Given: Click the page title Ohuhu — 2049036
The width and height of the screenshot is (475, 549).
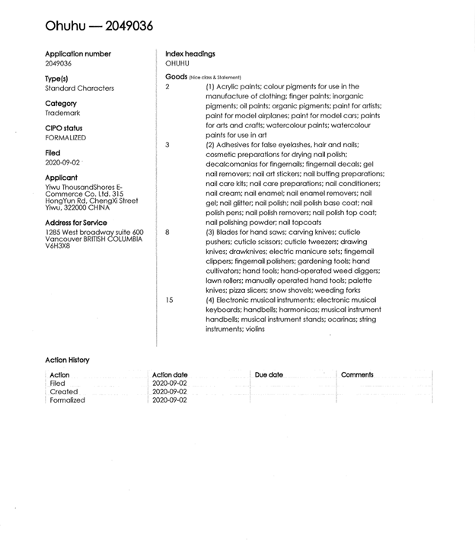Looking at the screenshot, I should [99, 26].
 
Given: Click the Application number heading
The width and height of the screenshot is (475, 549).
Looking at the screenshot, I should [78, 54].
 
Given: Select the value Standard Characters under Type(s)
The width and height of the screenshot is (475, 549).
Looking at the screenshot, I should [79, 88].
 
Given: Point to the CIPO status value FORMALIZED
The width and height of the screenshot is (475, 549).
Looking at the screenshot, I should [65, 138].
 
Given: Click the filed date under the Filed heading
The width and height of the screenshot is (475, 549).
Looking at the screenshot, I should [62, 162].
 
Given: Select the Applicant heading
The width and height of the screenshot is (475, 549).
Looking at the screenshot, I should [62, 178].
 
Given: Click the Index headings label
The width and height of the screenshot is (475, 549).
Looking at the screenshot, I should [190, 54].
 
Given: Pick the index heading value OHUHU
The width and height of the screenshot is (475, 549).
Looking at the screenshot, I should [177, 63].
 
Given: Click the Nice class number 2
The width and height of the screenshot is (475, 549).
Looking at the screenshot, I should [167, 87].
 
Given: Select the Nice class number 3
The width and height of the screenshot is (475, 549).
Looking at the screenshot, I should [167, 144].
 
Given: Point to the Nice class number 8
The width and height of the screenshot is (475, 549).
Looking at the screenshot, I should [167, 231].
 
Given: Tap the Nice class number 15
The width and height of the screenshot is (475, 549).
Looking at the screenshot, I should [169, 300].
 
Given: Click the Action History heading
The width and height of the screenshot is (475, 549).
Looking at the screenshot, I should [67, 360].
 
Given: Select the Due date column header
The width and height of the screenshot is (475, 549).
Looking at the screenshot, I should [269, 375].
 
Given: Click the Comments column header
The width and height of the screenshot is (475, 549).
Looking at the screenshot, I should [357, 375].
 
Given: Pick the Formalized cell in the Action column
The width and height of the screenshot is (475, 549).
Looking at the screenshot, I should [67, 400].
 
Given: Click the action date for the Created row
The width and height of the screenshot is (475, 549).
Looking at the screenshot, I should [169, 392].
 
